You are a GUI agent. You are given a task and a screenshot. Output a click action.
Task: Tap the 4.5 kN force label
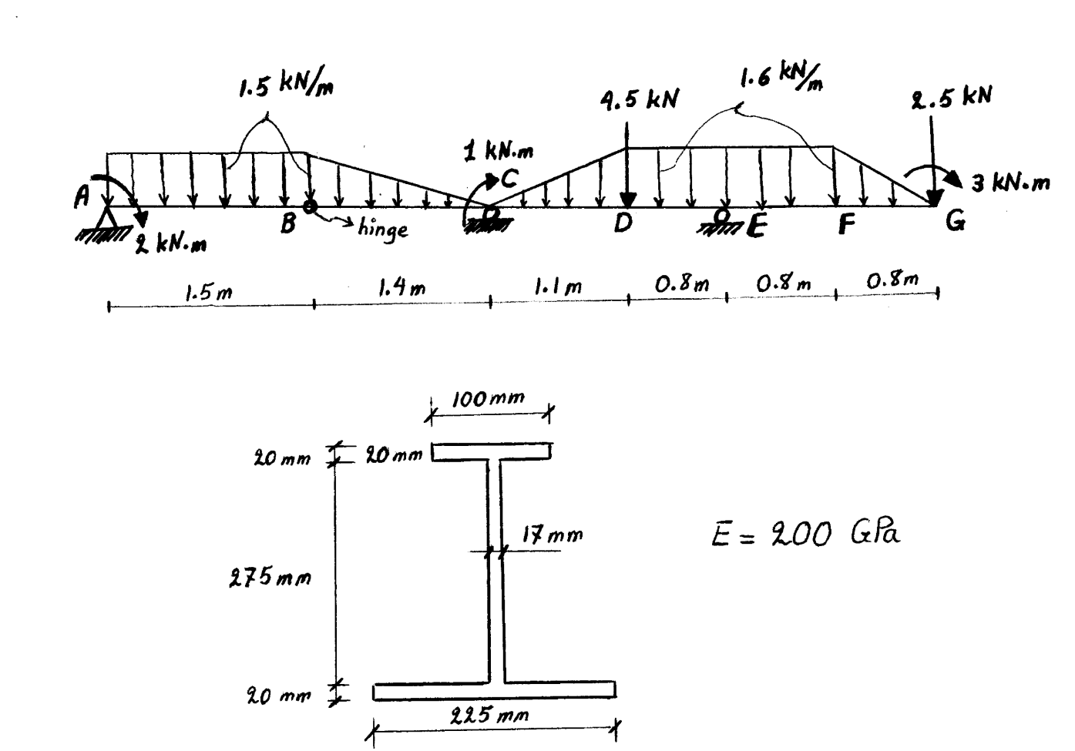[x=639, y=101]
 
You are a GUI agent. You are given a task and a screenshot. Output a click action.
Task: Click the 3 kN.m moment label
[x=1009, y=183]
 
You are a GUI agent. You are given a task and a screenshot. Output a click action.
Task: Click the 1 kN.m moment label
[x=497, y=153]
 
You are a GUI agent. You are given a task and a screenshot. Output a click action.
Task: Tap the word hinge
[x=383, y=229]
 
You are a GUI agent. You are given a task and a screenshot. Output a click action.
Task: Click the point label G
[x=956, y=223]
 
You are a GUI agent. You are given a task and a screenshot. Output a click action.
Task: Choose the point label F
[x=847, y=224]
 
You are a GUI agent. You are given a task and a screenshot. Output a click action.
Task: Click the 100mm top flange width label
[x=488, y=398]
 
